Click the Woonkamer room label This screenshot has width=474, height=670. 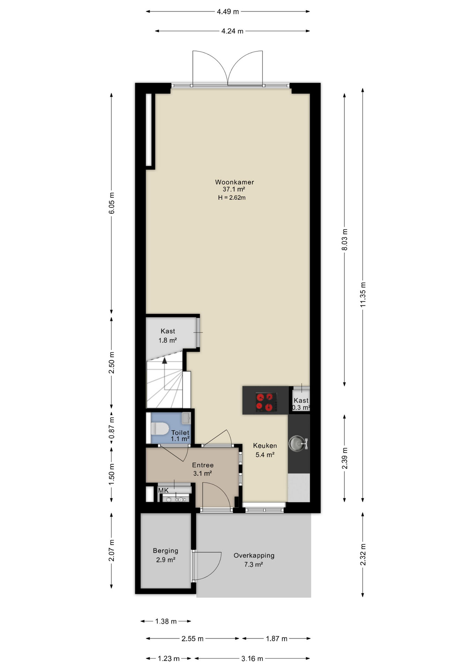[x=234, y=182]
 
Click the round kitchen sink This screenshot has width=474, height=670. [x=297, y=443]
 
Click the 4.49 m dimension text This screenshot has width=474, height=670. [x=228, y=12]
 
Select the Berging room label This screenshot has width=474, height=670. [x=165, y=551]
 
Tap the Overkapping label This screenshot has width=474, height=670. [x=254, y=556]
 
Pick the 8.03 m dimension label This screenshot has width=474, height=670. [x=345, y=240]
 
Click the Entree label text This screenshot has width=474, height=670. [x=203, y=465]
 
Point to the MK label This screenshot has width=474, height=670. [x=163, y=490]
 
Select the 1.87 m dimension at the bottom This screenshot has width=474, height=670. [x=276, y=639]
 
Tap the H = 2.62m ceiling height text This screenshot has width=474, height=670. [x=232, y=198]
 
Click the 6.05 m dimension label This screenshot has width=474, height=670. [x=111, y=203]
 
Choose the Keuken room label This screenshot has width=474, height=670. [x=265, y=446]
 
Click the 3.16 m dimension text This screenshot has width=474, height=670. [x=252, y=658]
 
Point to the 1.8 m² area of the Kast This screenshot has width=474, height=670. [x=168, y=340]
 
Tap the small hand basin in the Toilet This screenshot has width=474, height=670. [x=186, y=418]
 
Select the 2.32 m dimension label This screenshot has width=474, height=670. [x=363, y=555]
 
